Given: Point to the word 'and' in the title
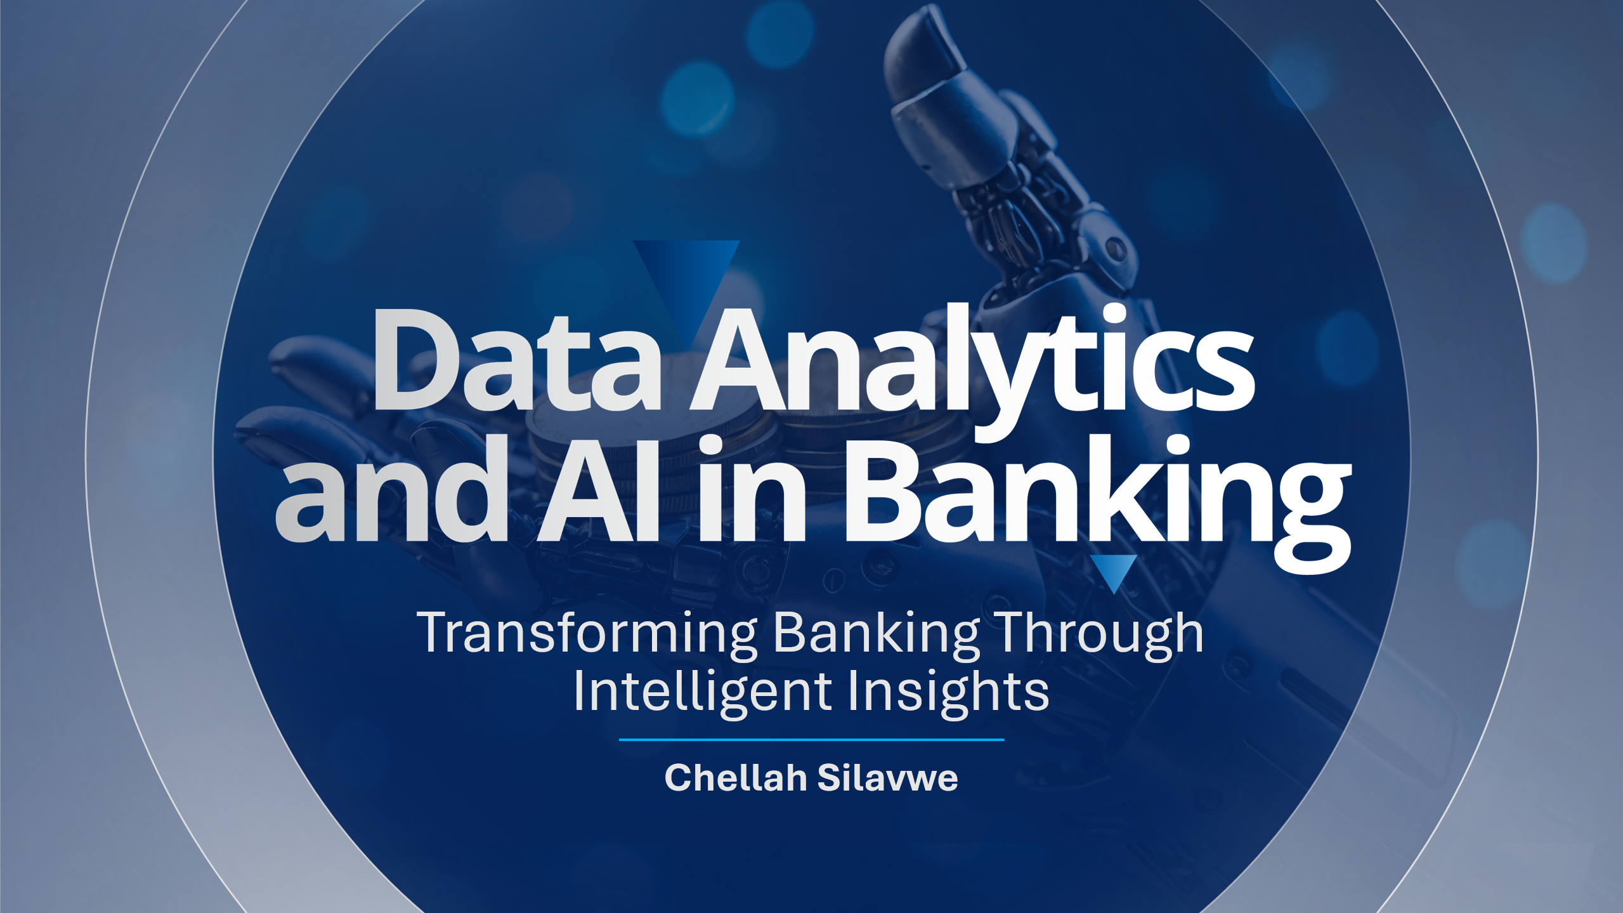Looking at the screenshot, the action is pos(392,488).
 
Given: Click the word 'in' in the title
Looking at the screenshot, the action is pos(752,489).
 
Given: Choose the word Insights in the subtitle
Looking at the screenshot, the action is pos(948,691).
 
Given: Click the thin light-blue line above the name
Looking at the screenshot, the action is pos(811,740).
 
